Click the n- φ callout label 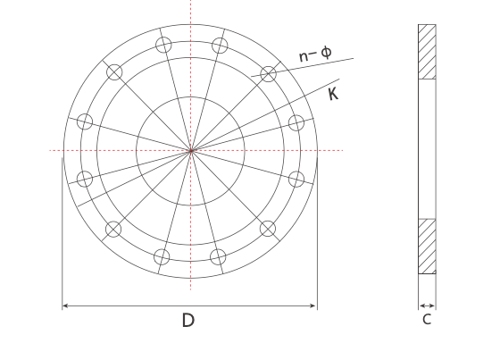pos(314,54)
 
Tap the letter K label pos(333,94)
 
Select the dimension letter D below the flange pos(188,321)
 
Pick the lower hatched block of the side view pos(427,246)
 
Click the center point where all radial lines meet pos(190,150)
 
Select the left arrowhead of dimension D pos(65,306)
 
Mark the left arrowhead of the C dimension pos(421,304)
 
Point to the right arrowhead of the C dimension pos(433,304)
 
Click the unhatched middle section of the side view pos(427,149)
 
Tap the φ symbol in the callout pos(326,53)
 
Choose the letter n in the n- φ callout pos(304,56)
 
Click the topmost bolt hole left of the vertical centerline pos(162,45)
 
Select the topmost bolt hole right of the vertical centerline pos(218,45)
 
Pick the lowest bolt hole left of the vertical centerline pos(162,256)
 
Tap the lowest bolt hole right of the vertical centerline pos(218,256)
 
